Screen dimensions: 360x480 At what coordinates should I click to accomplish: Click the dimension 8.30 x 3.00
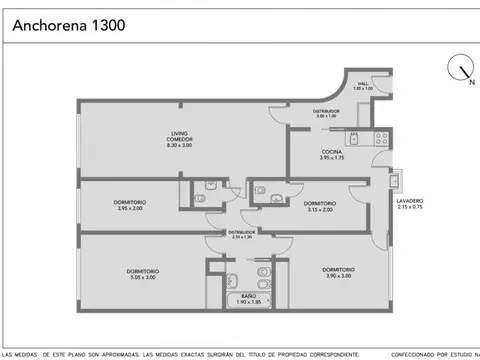179,146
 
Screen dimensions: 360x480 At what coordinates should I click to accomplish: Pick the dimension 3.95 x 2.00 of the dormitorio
130,209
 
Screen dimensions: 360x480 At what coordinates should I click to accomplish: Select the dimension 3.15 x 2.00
320,209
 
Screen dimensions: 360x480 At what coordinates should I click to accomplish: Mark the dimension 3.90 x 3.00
338,277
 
